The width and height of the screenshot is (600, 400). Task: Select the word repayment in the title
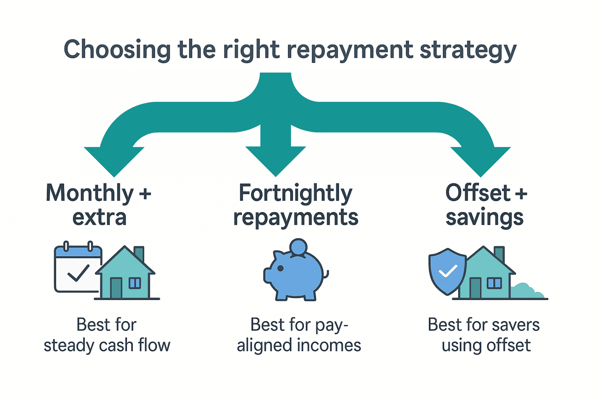(350, 51)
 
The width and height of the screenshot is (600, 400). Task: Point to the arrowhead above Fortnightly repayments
(275, 159)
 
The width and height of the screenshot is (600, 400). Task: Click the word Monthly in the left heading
(90, 193)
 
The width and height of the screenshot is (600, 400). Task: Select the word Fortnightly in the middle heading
(295, 193)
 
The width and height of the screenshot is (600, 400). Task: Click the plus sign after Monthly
(145, 194)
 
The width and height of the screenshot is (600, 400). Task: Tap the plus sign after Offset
(521, 193)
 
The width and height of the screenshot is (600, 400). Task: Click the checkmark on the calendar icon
(78, 273)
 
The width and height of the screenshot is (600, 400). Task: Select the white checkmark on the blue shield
(448, 271)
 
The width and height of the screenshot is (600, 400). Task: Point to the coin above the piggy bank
(298, 247)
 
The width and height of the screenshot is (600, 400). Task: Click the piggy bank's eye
(280, 268)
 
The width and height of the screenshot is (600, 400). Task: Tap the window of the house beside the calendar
(135, 283)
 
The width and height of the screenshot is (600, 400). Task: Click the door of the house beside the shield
(475, 288)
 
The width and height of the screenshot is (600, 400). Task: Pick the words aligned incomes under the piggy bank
(299, 345)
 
